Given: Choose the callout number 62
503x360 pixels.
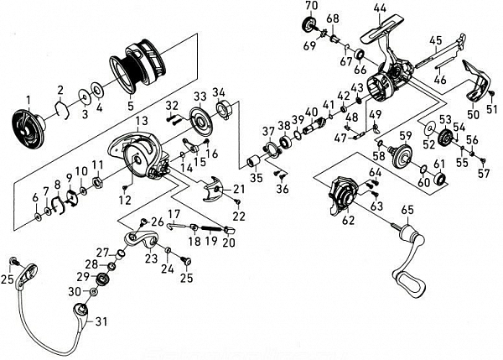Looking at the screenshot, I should pyautogui.click(x=347, y=222).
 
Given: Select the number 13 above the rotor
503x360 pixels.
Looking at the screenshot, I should pyautogui.click(x=142, y=122).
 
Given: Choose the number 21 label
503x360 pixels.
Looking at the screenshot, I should pyautogui.click(x=238, y=190).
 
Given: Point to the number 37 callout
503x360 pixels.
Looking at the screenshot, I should pyautogui.click(x=268, y=131).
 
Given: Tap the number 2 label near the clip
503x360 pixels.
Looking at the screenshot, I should pyautogui.click(x=60, y=90).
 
